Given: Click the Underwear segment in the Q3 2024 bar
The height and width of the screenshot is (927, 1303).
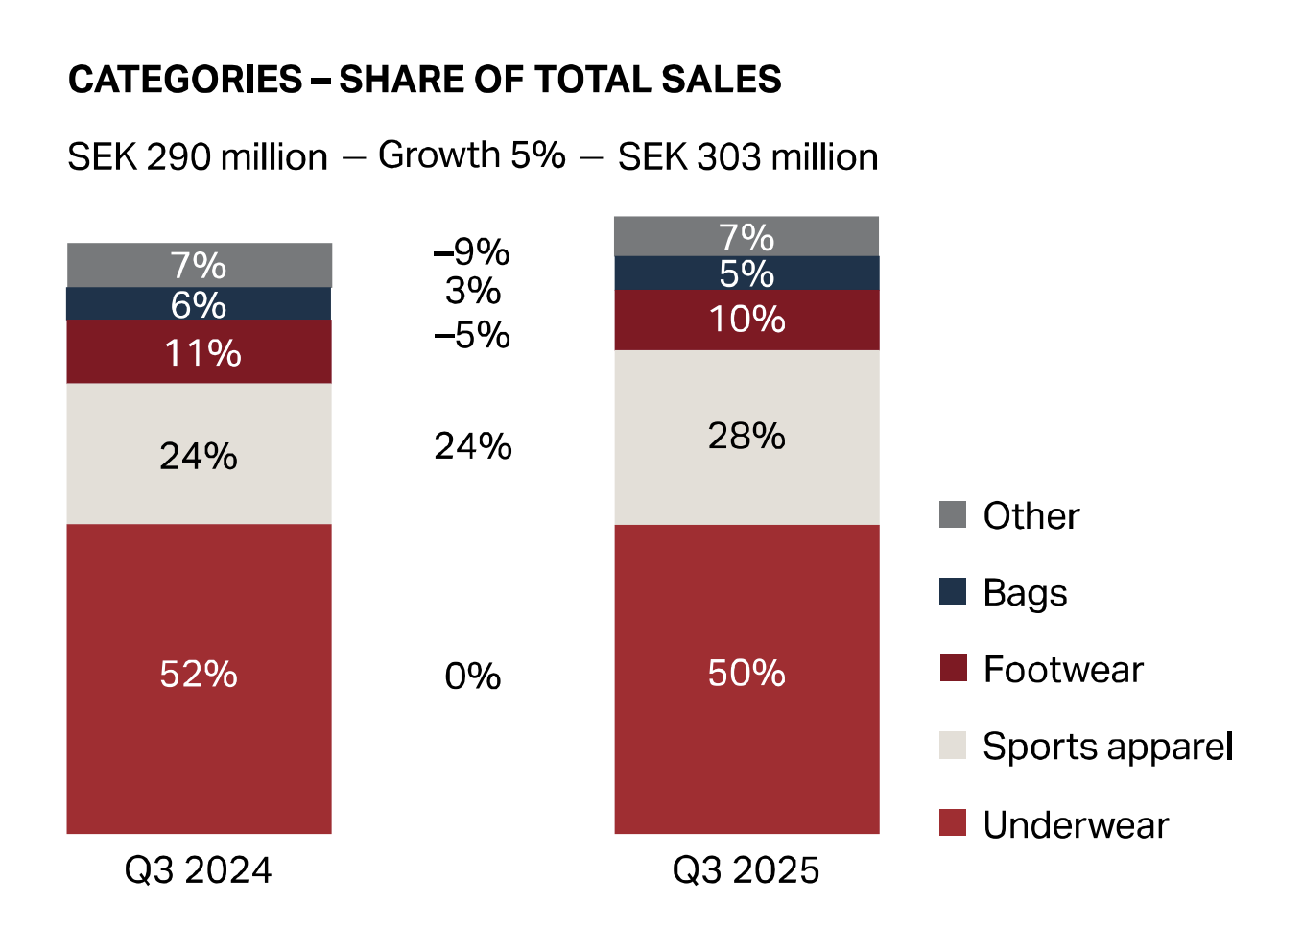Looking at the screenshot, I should pos(199,677).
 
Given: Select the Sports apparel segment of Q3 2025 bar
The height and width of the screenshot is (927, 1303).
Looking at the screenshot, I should pos(746,437).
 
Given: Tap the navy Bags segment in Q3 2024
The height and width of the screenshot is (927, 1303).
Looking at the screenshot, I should pos(199,304).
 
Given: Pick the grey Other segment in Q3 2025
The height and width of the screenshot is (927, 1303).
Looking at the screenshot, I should pos(746,236).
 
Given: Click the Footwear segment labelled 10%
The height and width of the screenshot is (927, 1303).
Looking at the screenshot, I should pos(746,320).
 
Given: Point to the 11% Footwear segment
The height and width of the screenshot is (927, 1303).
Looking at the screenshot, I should pos(199,352).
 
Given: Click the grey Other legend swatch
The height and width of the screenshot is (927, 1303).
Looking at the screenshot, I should pos(953,514).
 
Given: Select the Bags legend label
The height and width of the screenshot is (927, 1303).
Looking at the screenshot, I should pos(1025,593).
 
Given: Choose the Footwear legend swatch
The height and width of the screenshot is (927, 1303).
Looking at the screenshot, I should pos(953,668).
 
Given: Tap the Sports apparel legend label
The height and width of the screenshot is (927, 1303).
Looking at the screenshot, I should pos(1107,747).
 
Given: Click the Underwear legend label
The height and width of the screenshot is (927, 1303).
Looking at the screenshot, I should pos(1076,825).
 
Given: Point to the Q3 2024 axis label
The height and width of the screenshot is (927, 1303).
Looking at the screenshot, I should pos(199,870).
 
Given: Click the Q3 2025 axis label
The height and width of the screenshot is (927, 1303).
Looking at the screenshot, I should pos(746,870).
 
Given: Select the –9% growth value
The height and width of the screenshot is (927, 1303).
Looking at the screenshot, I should pos(472,252).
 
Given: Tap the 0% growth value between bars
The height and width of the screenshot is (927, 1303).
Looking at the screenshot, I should pos(472,677).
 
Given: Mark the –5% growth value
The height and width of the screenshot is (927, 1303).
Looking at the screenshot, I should pos(472,335).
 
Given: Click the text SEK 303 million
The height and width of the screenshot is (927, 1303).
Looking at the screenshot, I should pos(747,157).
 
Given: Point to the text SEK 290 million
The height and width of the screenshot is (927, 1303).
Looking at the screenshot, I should pos(198,157).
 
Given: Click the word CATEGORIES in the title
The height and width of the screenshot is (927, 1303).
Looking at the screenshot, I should pos(185,80).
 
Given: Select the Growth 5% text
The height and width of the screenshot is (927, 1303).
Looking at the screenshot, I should pos(472,154).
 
